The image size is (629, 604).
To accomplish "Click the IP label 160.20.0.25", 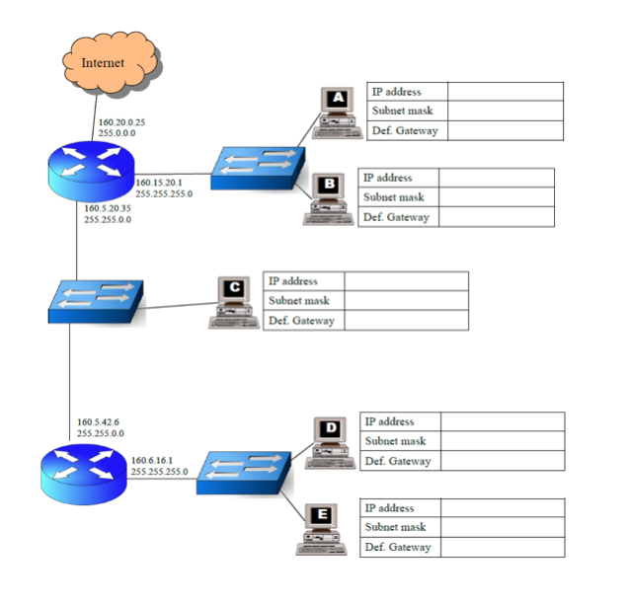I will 121,121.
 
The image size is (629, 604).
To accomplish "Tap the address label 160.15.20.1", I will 159,183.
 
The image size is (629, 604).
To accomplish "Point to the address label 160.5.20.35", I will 109,208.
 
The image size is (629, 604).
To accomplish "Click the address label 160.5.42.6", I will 99,421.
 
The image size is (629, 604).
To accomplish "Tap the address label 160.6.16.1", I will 152,460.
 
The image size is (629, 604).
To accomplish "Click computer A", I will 336,114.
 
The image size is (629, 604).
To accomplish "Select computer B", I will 328,200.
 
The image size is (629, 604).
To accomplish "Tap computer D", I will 330,443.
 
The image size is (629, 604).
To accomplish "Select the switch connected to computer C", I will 96,300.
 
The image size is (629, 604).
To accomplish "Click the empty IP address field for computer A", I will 505,92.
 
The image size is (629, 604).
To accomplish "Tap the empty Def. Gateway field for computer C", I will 406,321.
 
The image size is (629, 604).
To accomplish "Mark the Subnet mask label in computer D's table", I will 396,441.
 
